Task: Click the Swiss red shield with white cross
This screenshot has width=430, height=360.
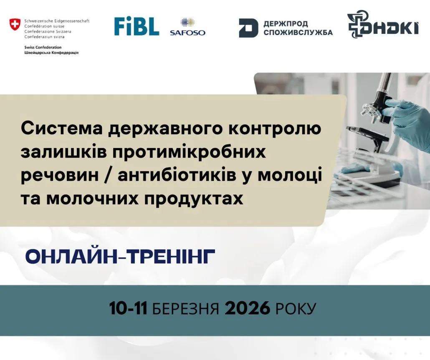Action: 15,24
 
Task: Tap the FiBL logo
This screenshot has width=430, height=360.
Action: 137,27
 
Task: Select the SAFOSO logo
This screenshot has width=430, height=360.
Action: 187,27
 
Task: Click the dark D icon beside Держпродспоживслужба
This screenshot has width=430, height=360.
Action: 248,28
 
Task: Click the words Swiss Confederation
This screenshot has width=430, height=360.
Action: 43,47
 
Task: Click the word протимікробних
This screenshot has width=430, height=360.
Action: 189,152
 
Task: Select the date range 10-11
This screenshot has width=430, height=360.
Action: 128,309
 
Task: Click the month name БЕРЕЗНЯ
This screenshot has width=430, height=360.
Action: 185,309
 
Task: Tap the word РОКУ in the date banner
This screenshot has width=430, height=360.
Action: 296,309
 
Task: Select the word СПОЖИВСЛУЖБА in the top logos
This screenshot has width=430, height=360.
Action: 298,33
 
